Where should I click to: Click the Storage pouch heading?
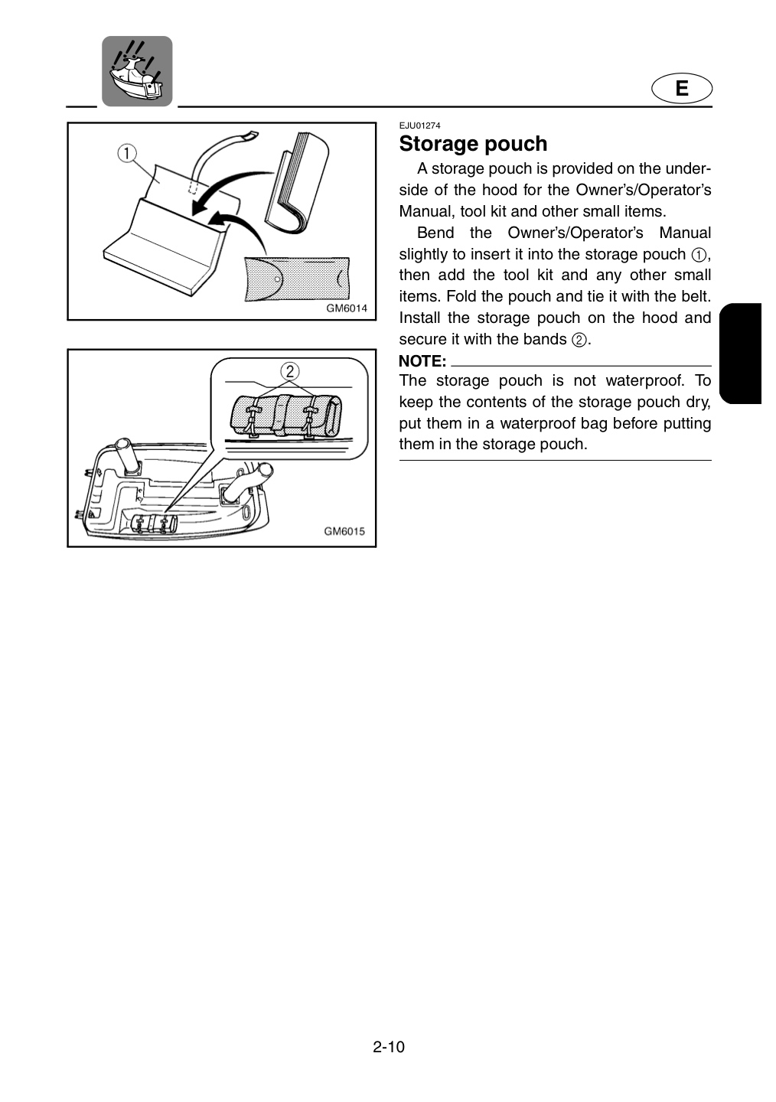point(473,144)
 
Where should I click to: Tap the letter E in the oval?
point(682,89)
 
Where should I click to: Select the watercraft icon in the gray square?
point(137,71)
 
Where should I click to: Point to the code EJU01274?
point(419,126)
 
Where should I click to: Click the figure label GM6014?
point(347,308)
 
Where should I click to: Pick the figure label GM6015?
point(344,531)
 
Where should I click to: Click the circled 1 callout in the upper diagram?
point(126,154)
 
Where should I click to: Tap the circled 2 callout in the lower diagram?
point(289,371)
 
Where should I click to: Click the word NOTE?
point(422,361)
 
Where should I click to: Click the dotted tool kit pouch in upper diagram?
point(297,279)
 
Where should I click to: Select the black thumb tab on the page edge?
point(740,354)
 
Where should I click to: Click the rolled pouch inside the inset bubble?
point(286,412)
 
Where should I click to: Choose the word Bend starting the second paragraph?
point(435,233)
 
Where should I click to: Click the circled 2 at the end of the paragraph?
point(579,340)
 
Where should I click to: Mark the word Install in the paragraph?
point(419,318)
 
